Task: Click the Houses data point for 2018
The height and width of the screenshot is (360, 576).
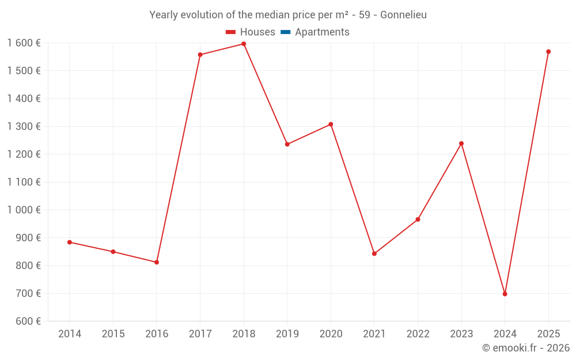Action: click(244, 44)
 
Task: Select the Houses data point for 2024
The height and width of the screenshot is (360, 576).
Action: click(505, 294)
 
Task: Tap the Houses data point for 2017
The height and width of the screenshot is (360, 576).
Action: click(200, 55)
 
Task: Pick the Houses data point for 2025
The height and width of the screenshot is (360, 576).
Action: click(548, 52)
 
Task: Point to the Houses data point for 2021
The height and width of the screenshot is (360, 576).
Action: click(374, 253)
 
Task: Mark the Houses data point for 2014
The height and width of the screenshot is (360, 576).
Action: click(70, 242)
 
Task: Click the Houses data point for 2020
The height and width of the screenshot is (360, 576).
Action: click(331, 124)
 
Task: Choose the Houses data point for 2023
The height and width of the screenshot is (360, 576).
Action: click(461, 143)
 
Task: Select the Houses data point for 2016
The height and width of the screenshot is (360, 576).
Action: click(157, 262)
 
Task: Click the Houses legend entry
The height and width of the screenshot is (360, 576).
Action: click(251, 32)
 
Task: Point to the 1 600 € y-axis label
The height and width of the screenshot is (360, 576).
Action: click(24, 43)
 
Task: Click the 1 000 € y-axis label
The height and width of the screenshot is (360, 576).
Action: click(24, 210)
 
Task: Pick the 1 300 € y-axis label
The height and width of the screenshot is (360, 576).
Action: click(24, 127)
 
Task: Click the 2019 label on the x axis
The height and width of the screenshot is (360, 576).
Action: click(287, 334)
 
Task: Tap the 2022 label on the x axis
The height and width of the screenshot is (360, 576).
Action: click(418, 334)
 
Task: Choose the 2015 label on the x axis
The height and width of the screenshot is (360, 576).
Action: click(113, 334)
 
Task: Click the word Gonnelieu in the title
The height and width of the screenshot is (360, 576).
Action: click(404, 15)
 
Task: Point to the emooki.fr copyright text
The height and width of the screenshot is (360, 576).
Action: click(526, 348)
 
